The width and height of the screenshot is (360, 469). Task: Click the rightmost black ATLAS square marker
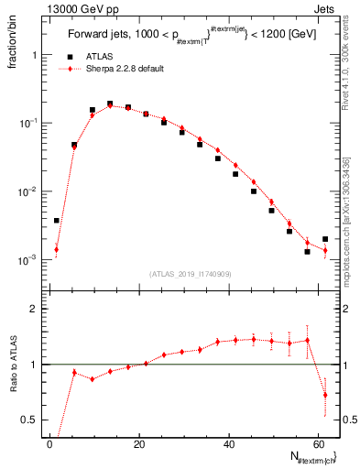325,239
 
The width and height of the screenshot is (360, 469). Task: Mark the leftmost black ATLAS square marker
57,220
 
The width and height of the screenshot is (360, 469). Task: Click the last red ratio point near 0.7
325,395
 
